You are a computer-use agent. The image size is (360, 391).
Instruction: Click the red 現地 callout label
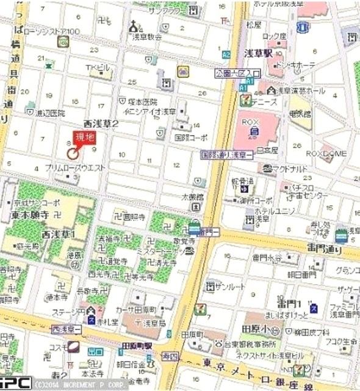(x=84, y=137)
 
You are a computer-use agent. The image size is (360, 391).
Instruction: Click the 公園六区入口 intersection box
(x=237, y=73)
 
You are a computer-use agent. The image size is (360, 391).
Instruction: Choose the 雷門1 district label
(x=290, y=304)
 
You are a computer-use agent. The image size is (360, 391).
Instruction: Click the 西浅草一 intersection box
(x=67, y=329)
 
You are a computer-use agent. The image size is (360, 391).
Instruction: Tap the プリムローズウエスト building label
(x=76, y=167)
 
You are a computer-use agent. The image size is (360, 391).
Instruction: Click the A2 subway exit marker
(x=226, y=54)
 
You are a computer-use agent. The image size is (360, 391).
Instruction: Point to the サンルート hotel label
(x=225, y=286)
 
